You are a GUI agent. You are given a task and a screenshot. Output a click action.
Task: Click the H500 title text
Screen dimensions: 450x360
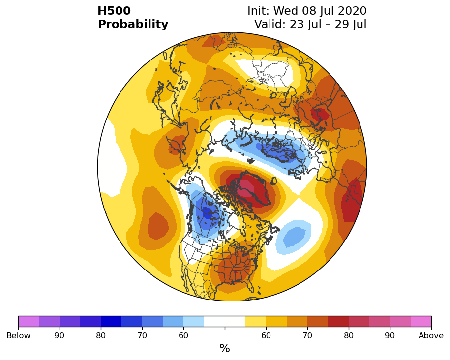(x=114, y=11)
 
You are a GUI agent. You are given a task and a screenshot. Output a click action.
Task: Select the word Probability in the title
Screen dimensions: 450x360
(x=133, y=24)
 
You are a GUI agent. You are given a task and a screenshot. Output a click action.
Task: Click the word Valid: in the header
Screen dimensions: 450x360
(x=270, y=24)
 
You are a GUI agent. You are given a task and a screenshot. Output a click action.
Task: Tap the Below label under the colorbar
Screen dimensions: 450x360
(x=18, y=335)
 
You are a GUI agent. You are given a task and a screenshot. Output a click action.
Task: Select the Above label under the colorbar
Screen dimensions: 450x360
(x=431, y=335)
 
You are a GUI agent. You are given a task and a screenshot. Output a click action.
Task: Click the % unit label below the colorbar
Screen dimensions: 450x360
(x=225, y=348)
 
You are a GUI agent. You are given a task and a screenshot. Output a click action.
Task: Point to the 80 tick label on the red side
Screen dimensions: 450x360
(x=349, y=335)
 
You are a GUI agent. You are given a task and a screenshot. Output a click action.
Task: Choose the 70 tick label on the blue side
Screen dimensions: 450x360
(x=142, y=335)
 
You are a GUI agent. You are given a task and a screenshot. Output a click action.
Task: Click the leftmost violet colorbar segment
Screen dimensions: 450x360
(x=29, y=321)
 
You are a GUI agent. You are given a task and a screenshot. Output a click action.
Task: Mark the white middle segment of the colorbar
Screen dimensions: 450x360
(x=225, y=321)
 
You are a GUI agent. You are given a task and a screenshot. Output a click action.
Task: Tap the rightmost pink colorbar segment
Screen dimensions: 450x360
(x=421, y=321)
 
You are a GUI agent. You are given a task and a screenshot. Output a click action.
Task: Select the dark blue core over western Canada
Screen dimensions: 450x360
(x=207, y=212)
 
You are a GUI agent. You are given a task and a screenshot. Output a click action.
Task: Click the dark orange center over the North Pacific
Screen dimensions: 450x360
(x=158, y=226)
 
